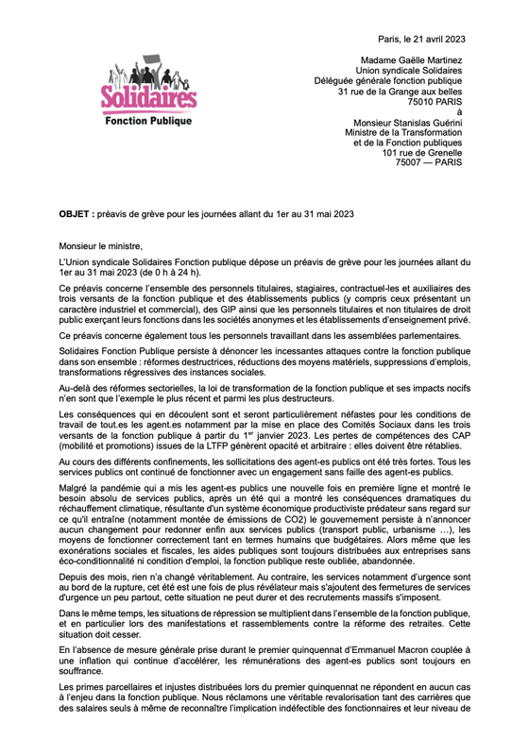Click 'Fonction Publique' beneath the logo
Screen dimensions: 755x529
148,122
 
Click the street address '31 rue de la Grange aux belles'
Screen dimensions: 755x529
401,91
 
